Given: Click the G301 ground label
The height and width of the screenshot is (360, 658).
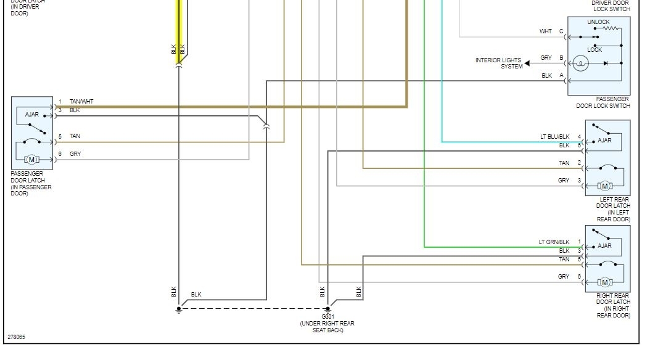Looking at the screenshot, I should click(327, 316).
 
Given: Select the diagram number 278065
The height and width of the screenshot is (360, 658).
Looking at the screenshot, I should click(17, 337).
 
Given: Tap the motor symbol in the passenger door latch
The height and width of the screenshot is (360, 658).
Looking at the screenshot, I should click(31, 160).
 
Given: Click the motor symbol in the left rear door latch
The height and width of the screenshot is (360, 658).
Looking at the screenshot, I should click(604, 186).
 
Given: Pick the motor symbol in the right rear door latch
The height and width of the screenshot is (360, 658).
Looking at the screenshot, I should click(604, 282).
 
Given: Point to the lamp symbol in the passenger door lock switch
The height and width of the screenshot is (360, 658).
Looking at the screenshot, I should click(580, 63).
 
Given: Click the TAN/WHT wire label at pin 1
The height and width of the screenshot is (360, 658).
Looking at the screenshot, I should click(81, 101).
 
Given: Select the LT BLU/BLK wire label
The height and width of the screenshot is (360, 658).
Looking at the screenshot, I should click(554, 137).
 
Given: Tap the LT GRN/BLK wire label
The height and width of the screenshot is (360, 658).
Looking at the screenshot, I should click(554, 242).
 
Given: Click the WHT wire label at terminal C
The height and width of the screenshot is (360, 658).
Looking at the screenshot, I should click(546, 31).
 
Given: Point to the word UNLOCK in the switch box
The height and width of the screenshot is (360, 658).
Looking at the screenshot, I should click(598, 22).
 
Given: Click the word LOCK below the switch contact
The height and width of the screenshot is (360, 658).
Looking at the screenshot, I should click(594, 49).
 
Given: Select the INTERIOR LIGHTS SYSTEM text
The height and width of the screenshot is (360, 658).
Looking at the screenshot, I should click(499, 63).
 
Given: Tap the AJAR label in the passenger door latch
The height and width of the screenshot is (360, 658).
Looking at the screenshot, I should click(32, 115).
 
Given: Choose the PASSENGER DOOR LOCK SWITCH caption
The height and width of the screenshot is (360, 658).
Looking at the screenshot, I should click(603, 102).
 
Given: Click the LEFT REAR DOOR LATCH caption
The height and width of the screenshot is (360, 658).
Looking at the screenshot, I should click(613, 209).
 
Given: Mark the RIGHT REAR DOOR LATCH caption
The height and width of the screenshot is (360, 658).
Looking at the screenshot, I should click(613, 306).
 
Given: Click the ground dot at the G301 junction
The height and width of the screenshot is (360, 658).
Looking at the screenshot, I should click(327, 309).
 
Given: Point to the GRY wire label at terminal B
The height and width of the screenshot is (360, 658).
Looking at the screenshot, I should click(546, 58).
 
